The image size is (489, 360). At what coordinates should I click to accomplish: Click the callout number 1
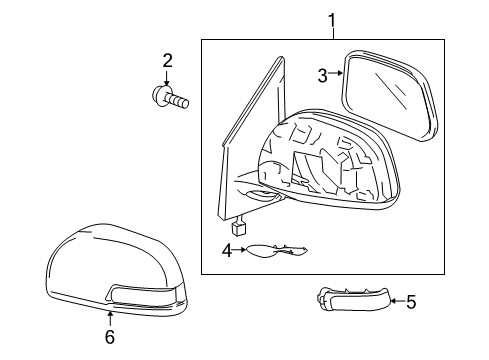[x=332, y=21]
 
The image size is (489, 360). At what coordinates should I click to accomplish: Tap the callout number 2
[x=167, y=61]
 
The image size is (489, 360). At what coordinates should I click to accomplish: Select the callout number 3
[x=323, y=75]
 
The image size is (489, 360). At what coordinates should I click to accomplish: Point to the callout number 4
[x=227, y=250]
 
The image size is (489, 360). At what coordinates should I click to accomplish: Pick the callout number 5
[x=411, y=302]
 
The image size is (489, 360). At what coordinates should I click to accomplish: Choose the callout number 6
[x=110, y=337]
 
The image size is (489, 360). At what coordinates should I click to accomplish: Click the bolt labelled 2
[x=170, y=97]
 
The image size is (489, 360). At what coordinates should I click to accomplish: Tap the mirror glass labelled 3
[x=389, y=95]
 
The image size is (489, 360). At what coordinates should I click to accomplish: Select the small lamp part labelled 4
[x=276, y=251]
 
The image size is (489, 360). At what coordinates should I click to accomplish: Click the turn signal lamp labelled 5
[x=353, y=299]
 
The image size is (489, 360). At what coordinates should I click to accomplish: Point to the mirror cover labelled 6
[x=116, y=270]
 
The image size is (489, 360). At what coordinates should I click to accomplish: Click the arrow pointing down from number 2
[x=167, y=78]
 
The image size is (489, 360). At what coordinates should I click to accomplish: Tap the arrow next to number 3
[x=335, y=73]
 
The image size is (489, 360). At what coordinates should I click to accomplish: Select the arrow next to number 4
[x=239, y=249]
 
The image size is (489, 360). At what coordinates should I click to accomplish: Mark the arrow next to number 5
[x=398, y=301]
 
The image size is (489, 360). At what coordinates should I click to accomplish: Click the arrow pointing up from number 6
[x=110, y=319]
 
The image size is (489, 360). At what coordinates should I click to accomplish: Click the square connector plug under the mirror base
[x=239, y=229]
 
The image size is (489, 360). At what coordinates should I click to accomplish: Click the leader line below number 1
[x=333, y=34]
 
